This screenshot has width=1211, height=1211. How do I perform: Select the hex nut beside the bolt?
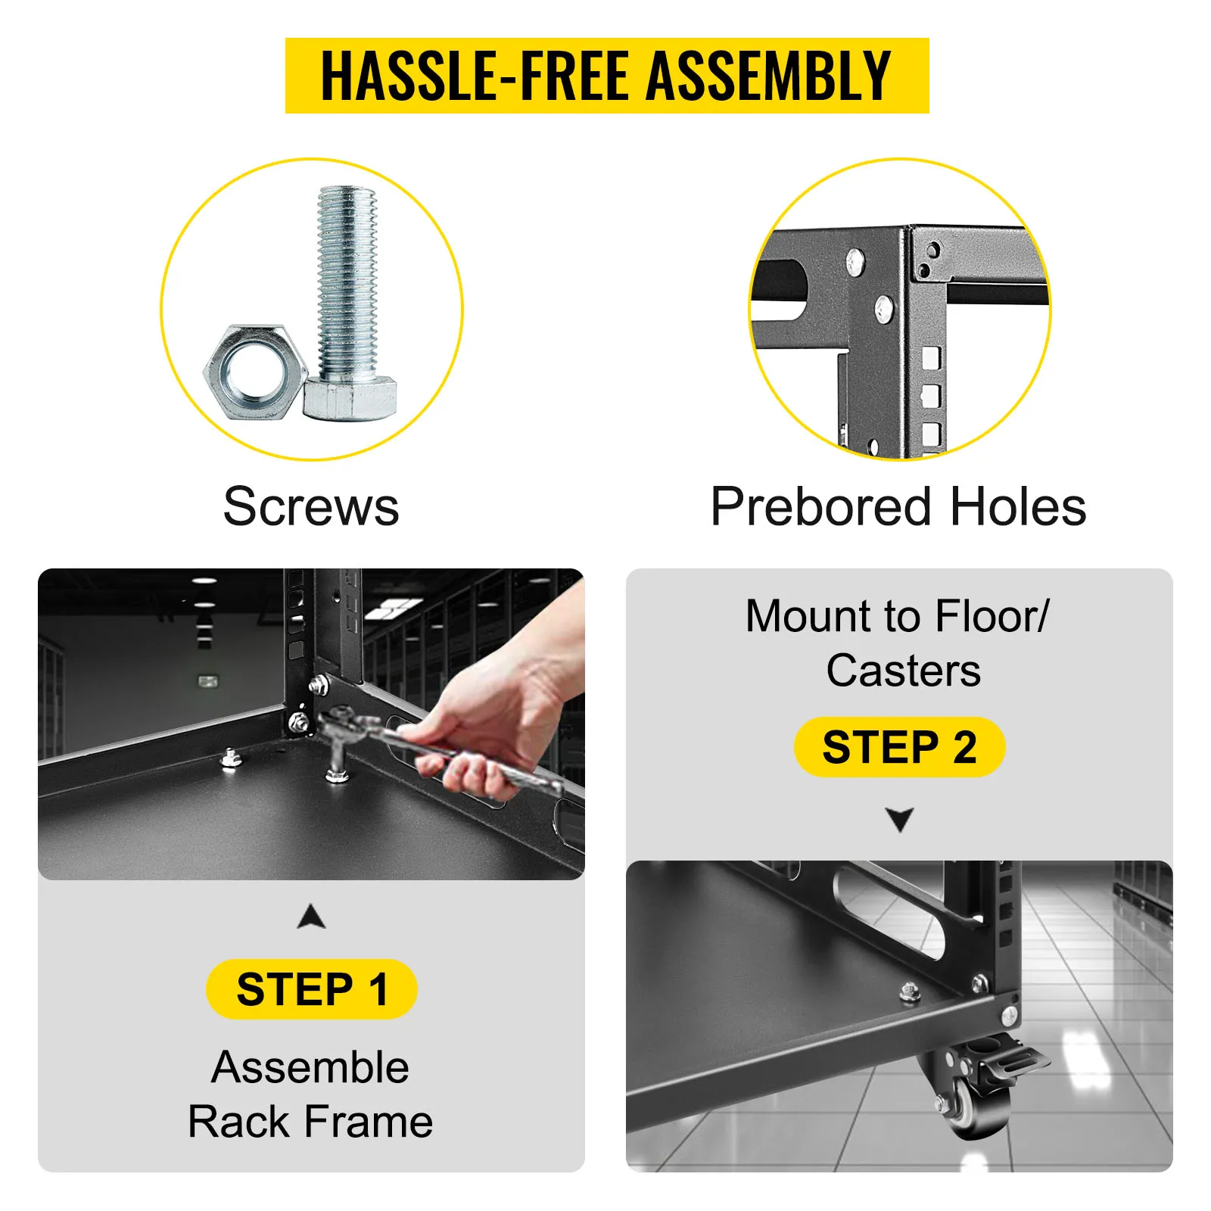click(255, 372)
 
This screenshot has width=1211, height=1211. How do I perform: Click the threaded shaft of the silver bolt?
click(347, 285)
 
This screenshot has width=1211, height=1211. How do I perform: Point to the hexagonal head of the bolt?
click(350, 400)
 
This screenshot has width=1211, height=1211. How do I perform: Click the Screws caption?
click(311, 506)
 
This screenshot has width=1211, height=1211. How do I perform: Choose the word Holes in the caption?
click(1018, 506)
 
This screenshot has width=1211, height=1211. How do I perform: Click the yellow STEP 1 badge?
click(312, 988)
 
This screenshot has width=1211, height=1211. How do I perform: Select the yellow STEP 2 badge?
click(899, 747)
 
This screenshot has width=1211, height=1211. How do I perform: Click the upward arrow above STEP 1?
click(312, 916)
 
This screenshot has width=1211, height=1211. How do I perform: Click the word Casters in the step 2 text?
click(904, 671)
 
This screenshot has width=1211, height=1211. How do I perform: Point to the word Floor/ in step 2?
click(993, 616)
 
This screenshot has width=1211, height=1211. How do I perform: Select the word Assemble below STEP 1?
click(310, 1067)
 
